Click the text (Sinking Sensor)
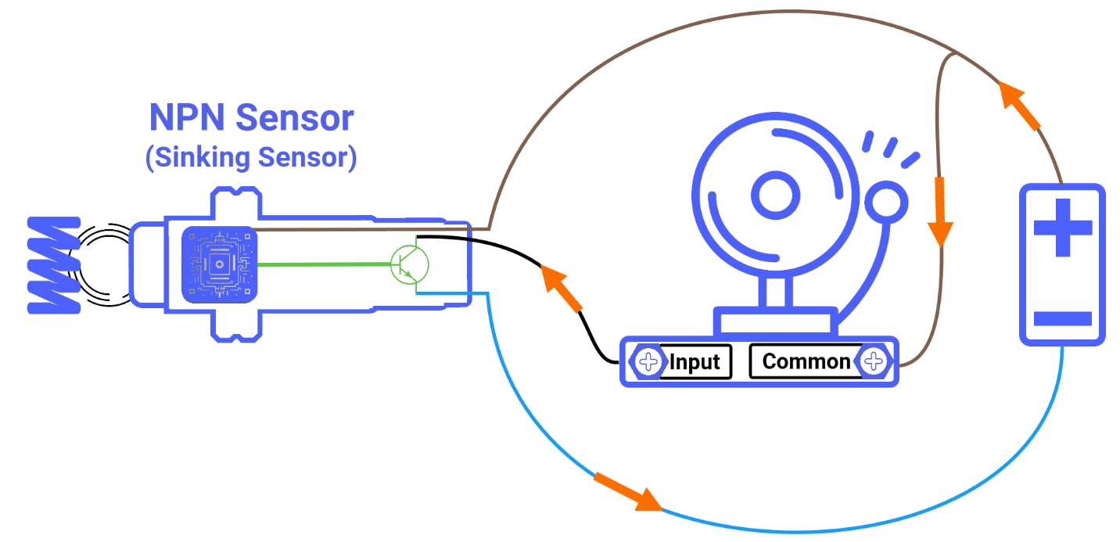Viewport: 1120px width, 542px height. coord(251,157)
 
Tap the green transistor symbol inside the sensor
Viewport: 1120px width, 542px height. coord(409,265)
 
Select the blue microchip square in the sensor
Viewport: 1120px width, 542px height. coord(219,264)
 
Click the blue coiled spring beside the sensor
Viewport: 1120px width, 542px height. coord(53,265)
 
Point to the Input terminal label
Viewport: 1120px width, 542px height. coord(695,362)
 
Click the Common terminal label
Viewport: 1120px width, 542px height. coord(805,361)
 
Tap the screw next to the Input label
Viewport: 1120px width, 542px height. coord(648,362)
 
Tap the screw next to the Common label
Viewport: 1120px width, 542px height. coord(874,361)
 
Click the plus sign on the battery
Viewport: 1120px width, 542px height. coord(1062,228)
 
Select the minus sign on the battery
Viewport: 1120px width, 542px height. coord(1062,318)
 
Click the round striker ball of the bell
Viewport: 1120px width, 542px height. coord(888,202)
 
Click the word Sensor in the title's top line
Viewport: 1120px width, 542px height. coord(295,119)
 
